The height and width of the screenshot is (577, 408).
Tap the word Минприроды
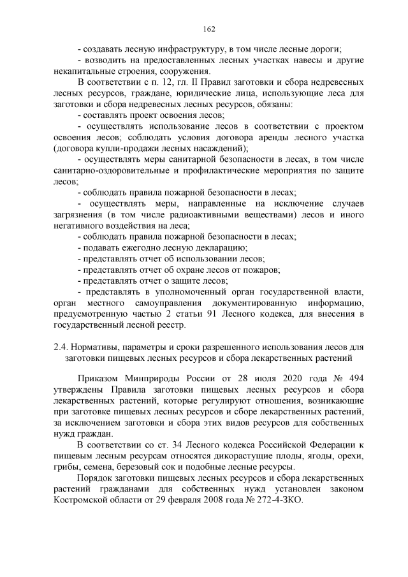tap(147, 378)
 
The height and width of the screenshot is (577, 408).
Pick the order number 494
tap(356, 378)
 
